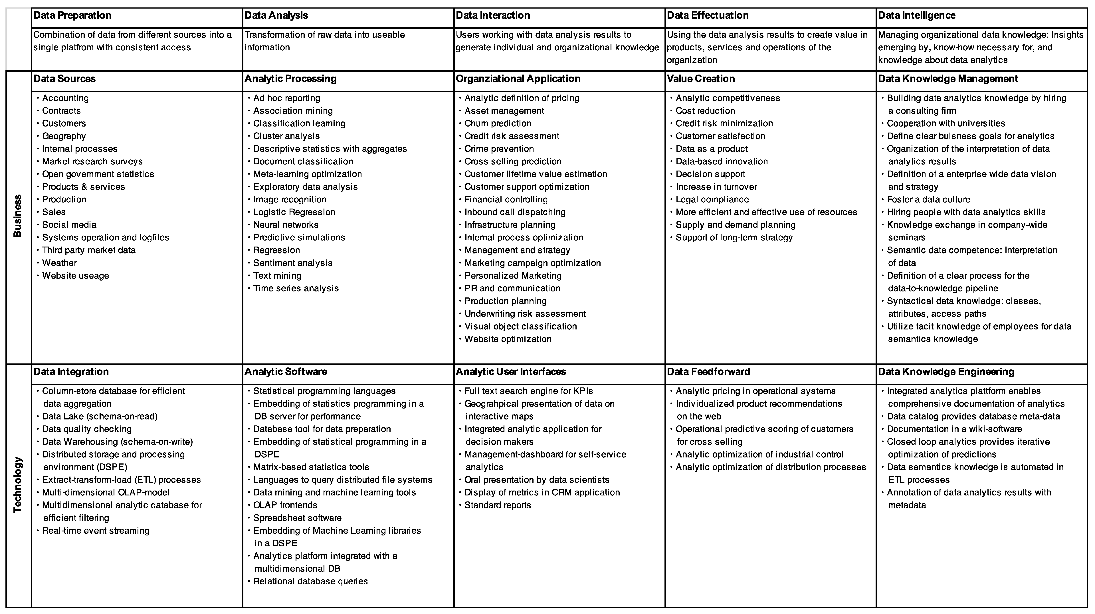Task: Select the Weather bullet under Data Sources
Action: click(x=60, y=263)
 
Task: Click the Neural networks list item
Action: click(x=286, y=225)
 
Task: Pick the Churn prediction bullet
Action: click(x=498, y=123)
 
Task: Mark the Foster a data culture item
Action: click(x=928, y=200)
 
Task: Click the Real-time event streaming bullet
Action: click(x=96, y=531)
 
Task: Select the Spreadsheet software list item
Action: click(x=297, y=518)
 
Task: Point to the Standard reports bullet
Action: click(x=497, y=505)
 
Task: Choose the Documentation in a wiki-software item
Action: click(x=954, y=429)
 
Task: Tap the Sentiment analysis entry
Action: click(x=293, y=263)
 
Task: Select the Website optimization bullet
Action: click(x=508, y=339)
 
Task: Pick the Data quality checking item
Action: click(x=87, y=429)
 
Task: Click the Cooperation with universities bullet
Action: click(x=946, y=123)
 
